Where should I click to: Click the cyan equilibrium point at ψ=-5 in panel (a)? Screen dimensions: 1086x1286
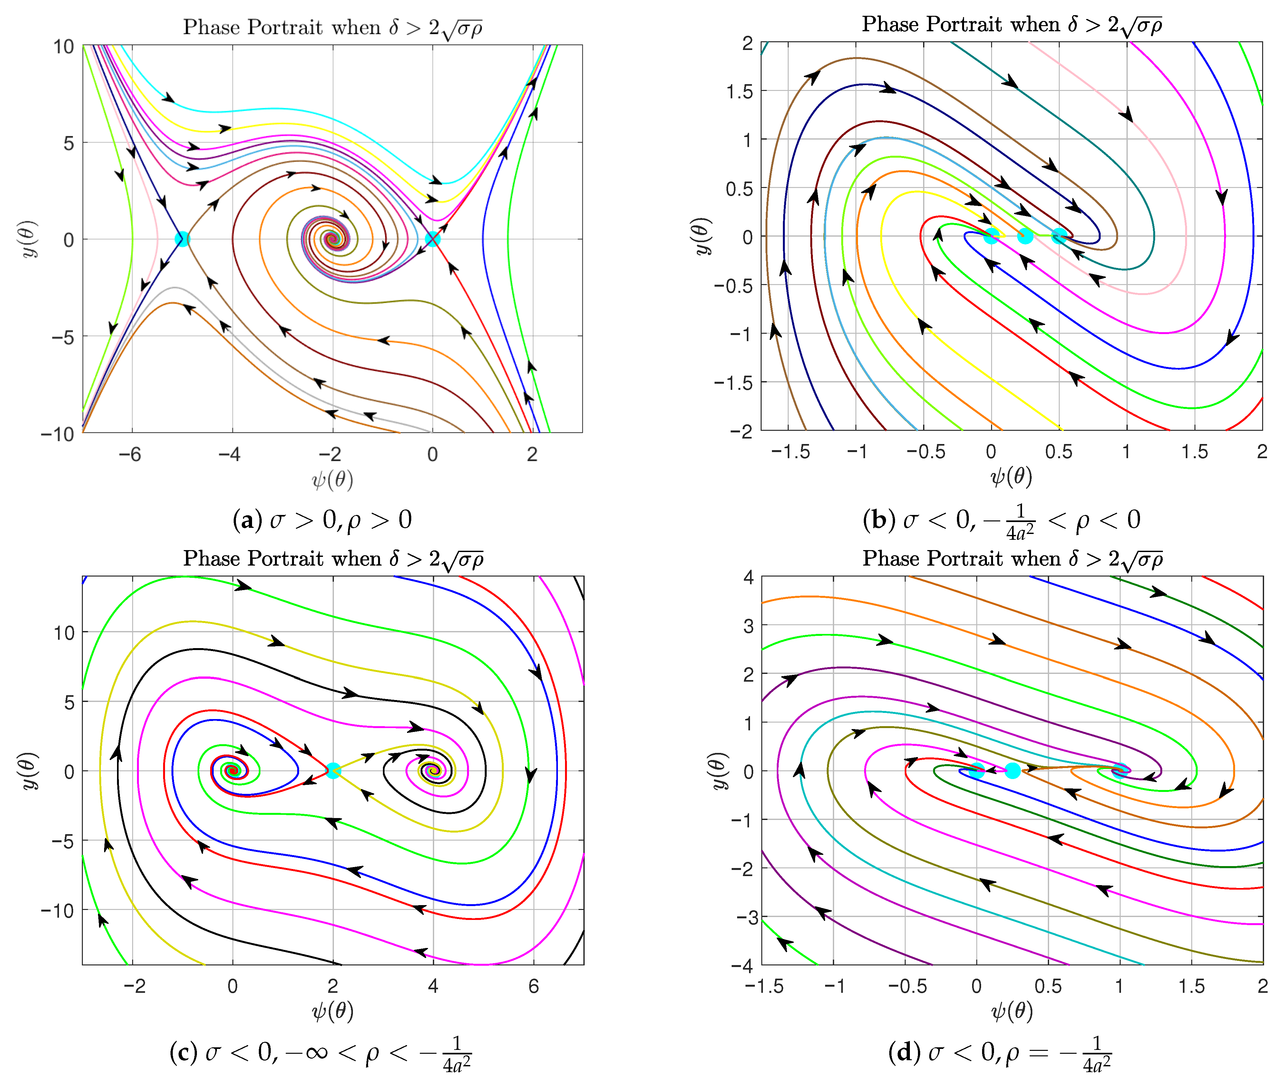tap(182, 239)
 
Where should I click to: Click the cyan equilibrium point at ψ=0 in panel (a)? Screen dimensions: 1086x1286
tap(433, 239)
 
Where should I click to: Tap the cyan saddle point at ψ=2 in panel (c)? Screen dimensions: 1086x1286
tap(333, 770)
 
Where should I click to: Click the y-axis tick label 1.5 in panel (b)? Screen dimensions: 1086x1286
tap(739, 92)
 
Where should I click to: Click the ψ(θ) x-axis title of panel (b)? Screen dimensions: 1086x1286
tap(1011, 476)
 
